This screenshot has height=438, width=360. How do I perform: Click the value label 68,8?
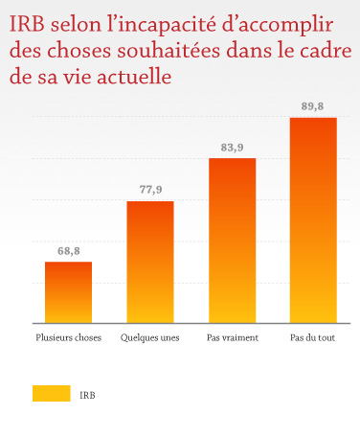(68, 251)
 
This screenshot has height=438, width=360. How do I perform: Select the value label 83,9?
(232, 148)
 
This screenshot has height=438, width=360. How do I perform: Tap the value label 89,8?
(313, 107)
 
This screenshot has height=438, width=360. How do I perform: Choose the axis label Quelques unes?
(150, 338)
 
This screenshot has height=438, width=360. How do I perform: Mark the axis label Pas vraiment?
(232, 338)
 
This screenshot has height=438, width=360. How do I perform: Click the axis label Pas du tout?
(313, 338)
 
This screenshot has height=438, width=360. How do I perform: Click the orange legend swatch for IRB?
(52, 393)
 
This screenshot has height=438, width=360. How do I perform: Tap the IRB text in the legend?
(88, 394)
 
